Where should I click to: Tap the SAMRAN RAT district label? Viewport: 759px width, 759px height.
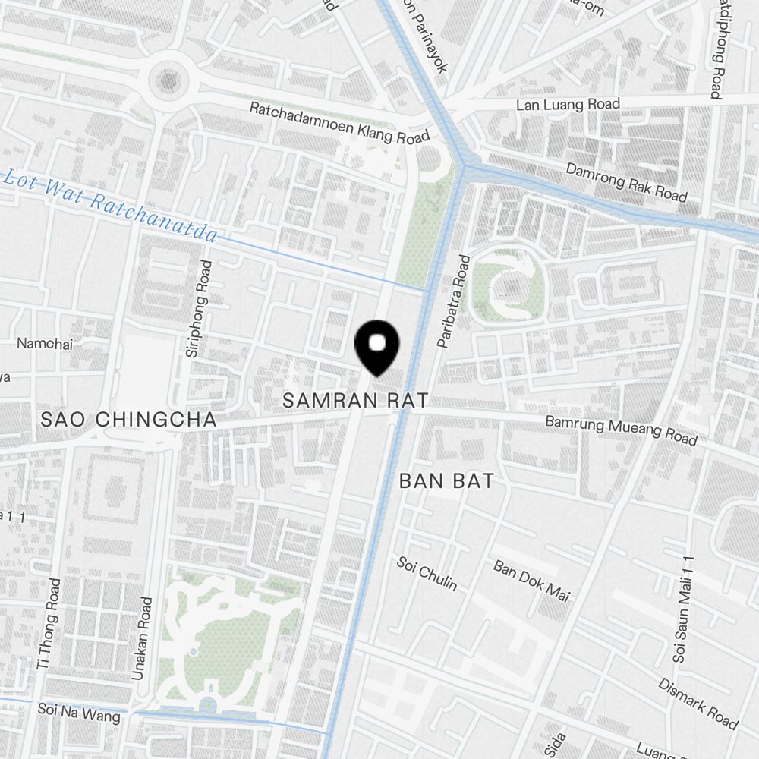(x=356, y=401)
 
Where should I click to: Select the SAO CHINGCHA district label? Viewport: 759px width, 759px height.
(x=129, y=420)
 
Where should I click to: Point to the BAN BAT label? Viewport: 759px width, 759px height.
(x=446, y=480)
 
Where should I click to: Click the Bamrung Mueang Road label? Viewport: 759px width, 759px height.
(x=622, y=430)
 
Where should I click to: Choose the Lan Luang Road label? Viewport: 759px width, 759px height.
(x=568, y=105)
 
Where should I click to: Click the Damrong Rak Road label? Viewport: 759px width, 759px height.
(x=626, y=183)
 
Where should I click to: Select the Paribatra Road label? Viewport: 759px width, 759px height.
(x=454, y=301)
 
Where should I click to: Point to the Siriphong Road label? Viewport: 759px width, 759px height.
(x=197, y=308)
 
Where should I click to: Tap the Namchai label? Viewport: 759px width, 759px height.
(x=44, y=344)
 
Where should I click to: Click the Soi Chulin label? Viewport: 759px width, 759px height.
(x=427, y=573)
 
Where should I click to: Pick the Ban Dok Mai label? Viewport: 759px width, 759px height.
(x=531, y=581)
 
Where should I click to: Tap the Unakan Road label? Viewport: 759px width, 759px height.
(x=142, y=638)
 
